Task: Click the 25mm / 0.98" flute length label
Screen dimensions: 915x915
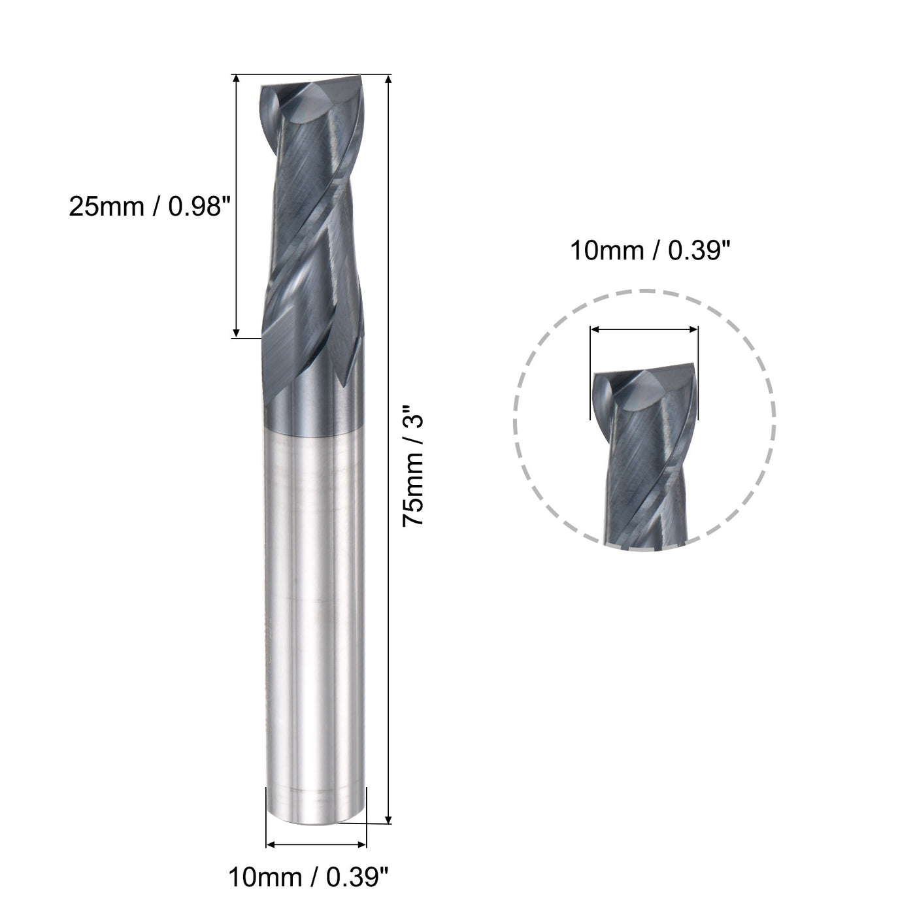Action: click(150, 207)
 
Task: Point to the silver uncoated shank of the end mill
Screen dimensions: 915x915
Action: click(314, 588)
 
